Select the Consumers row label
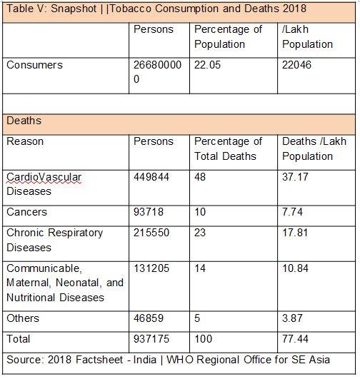(34, 65)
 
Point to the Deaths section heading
(24, 121)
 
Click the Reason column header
(25, 141)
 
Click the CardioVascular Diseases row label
(44, 183)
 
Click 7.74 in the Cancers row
(293, 212)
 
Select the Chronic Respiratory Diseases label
(55, 240)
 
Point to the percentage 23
(201, 233)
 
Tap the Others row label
(23, 318)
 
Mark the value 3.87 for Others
(293, 318)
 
